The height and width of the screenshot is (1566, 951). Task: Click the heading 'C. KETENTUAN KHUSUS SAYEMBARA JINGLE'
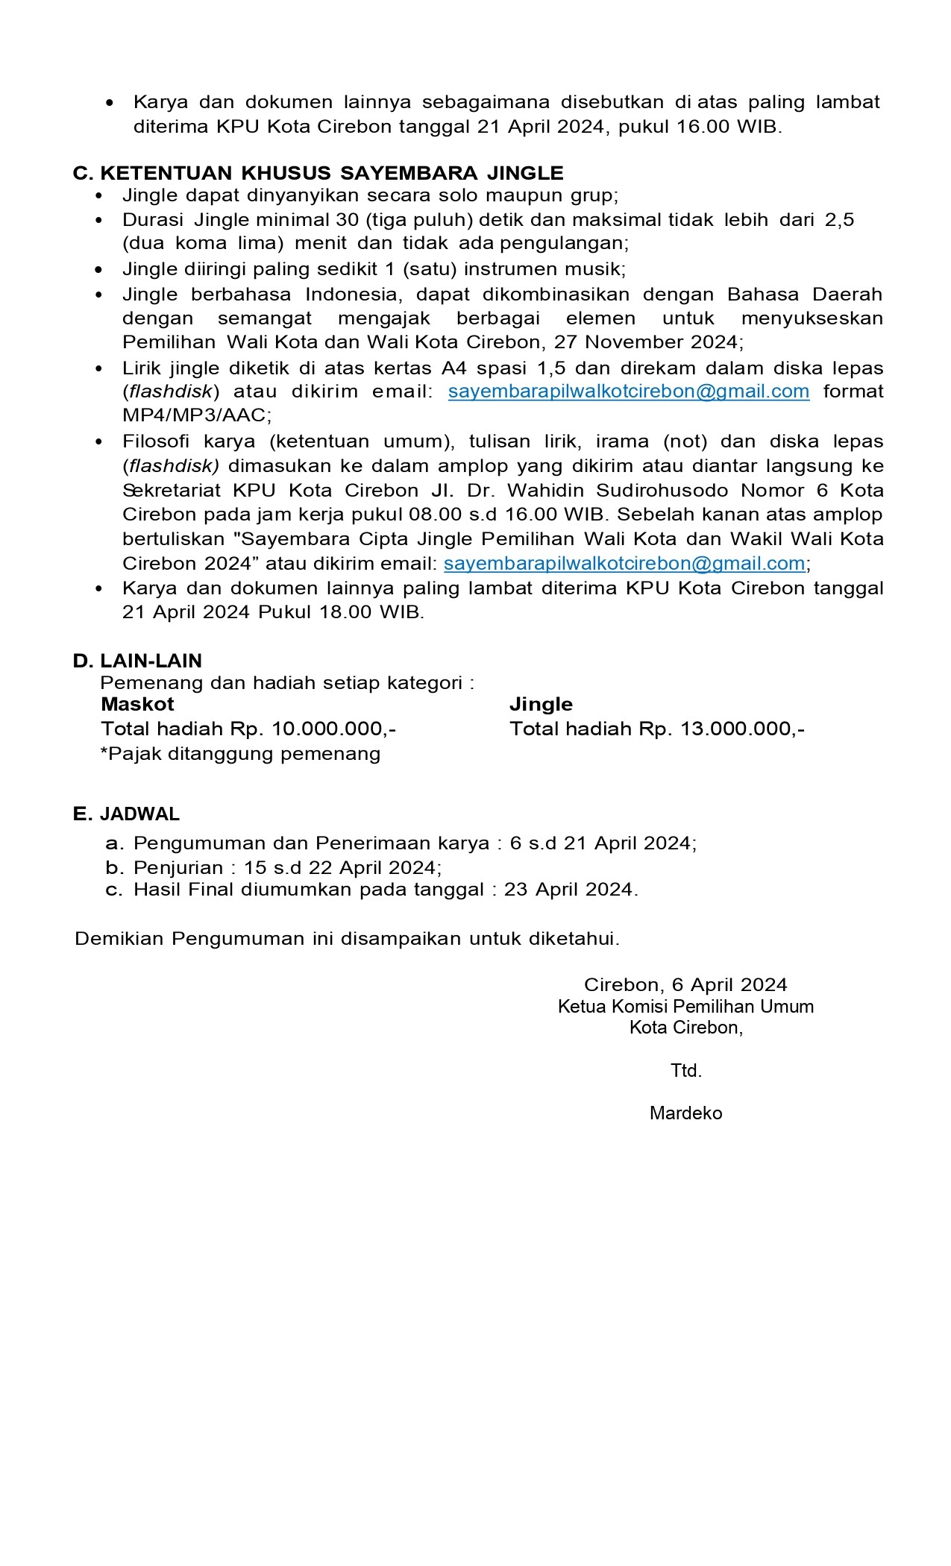318,173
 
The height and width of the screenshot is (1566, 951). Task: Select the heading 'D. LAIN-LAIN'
137,661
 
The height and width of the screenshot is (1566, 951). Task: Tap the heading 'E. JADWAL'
126,814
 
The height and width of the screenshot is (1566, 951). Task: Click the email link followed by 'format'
628,391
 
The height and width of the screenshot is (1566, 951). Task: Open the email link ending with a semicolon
624,563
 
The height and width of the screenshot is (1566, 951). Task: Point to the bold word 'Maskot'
137,705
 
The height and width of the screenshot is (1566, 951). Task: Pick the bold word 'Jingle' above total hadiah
541,705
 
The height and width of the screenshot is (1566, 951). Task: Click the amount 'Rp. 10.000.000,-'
313,729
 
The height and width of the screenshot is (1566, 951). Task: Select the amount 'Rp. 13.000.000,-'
722,729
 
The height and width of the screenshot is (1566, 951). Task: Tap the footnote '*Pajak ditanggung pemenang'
240,754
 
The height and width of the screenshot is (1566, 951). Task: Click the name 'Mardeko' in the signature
685,1113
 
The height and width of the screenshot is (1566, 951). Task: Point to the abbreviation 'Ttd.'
685,1071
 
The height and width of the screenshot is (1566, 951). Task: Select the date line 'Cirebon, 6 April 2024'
685,985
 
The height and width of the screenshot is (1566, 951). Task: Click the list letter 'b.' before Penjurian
113,868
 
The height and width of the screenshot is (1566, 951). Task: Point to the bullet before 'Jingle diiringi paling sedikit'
99,270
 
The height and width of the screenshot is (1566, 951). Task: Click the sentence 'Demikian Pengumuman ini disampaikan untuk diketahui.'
347,939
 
